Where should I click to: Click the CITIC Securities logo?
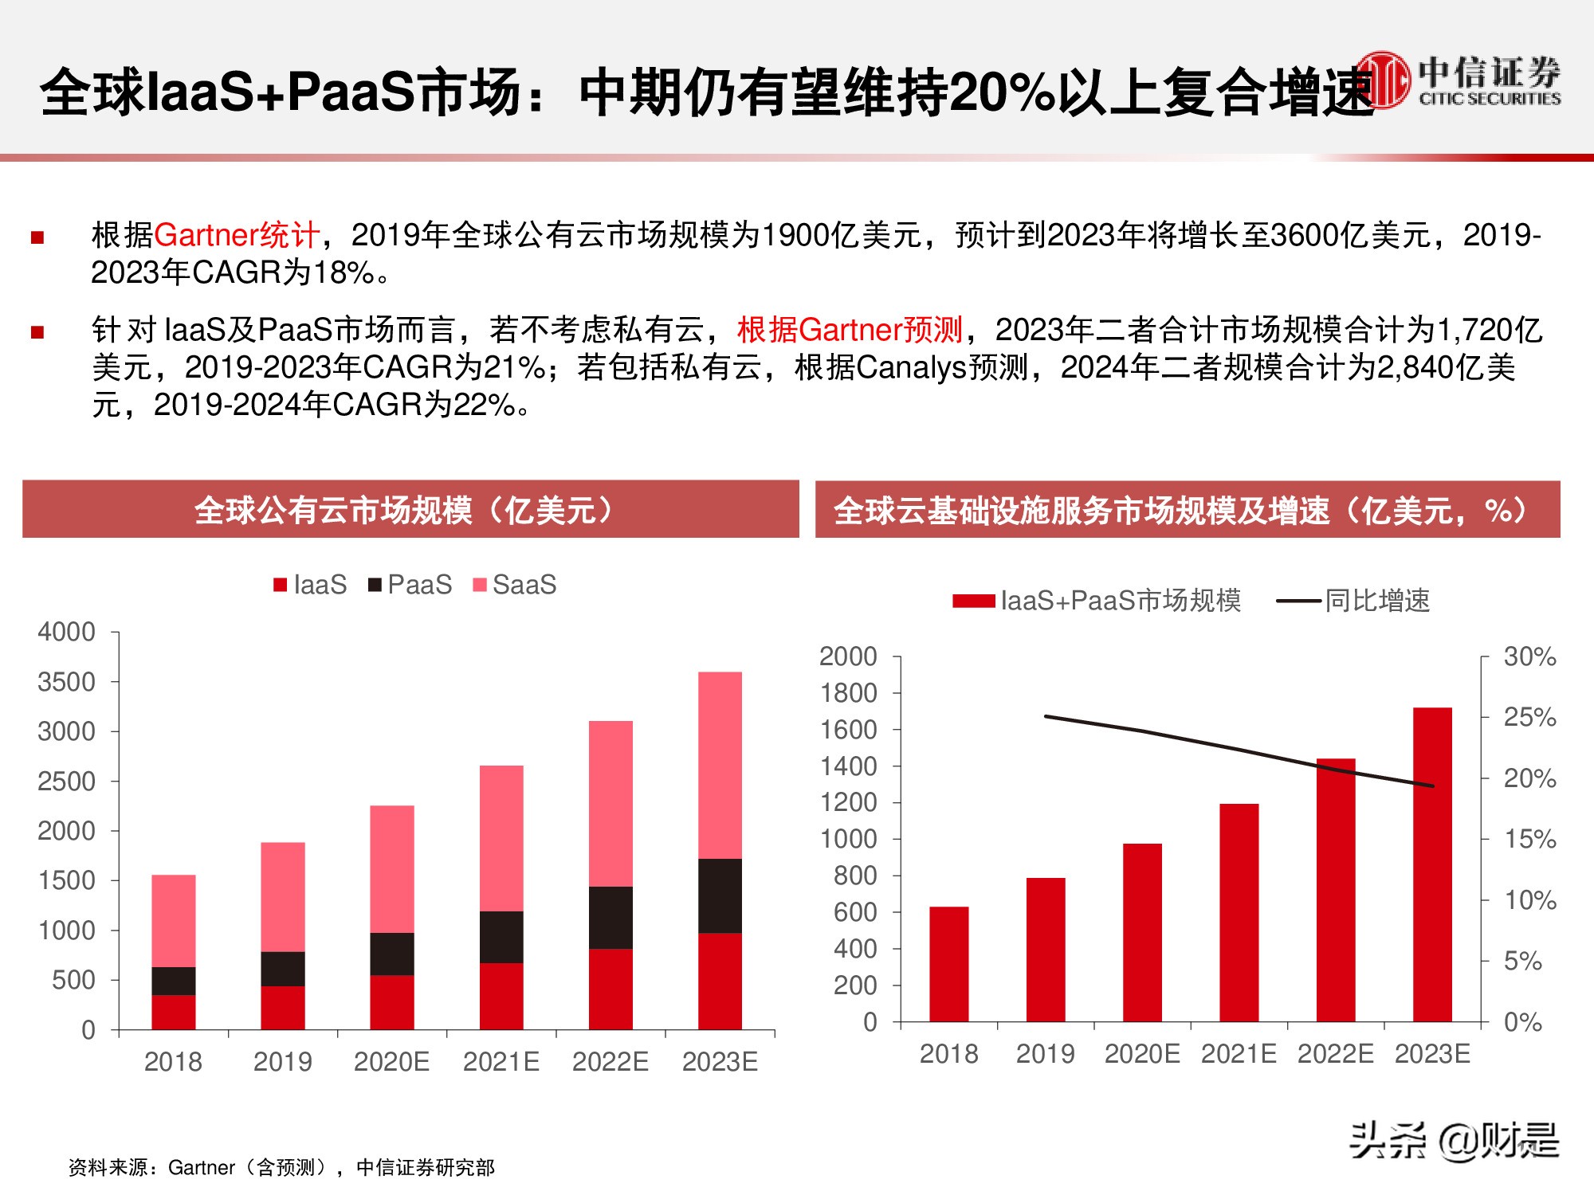click(1459, 80)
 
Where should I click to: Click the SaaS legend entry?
click(515, 585)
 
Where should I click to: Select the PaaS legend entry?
click(410, 585)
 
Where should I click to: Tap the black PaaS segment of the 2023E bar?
click(720, 895)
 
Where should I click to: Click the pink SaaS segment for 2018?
click(174, 920)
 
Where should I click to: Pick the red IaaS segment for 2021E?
click(501, 996)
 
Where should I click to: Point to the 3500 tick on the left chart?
click(66, 682)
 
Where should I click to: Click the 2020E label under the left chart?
click(391, 1062)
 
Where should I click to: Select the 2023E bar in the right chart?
click(1432, 864)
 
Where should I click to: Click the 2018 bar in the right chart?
click(948, 964)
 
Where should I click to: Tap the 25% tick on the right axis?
click(1529, 717)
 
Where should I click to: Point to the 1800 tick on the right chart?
click(848, 693)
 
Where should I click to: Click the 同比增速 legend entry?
click(1354, 601)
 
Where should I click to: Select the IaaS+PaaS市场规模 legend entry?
click(1097, 601)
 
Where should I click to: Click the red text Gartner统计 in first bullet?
click(237, 235)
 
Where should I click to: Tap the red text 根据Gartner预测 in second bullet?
click(850, 329)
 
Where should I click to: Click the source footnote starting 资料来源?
click(281, 1167)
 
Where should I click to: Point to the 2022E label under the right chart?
click(1335, 1054)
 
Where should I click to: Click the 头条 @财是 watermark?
click(1454, 1141)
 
